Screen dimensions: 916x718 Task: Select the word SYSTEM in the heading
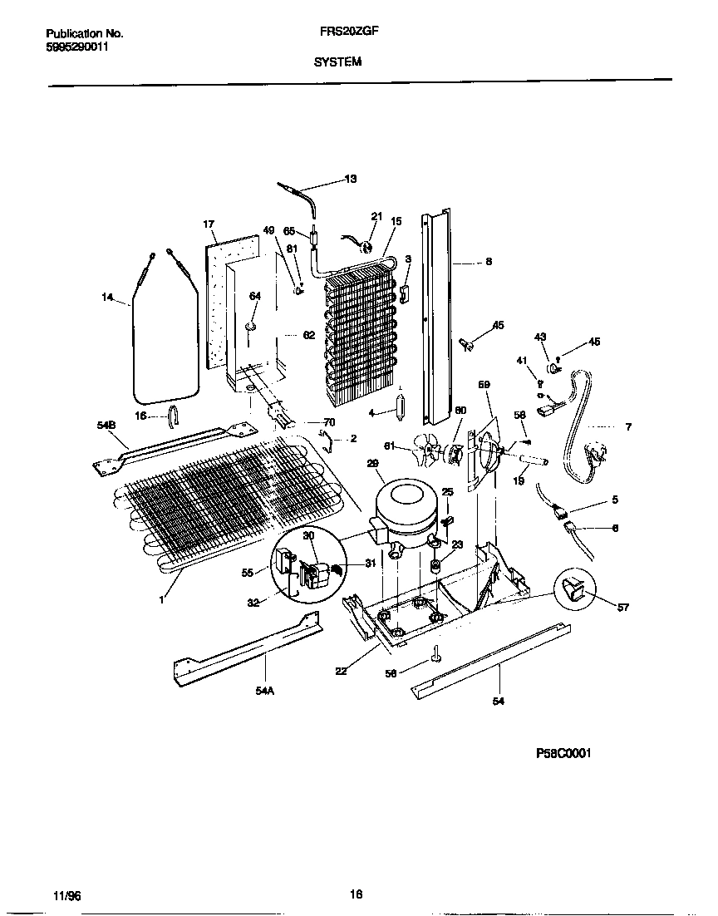[x=338, y=62]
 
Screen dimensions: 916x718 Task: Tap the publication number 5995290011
[x=76, y=47]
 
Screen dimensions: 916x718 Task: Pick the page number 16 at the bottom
[x=356, y=894]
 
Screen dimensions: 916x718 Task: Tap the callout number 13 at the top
[x=350, y=179]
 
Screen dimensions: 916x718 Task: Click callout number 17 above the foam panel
[x=209, y=224]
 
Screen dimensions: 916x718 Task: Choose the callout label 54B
[x=107, y=425]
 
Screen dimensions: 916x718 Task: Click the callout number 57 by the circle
[x=623, y=608]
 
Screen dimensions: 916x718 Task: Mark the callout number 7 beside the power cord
[x=628, y=427]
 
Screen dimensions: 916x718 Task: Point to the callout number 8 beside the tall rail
[x=489, y=262]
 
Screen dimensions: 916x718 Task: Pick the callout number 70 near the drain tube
[x=329, y=422]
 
